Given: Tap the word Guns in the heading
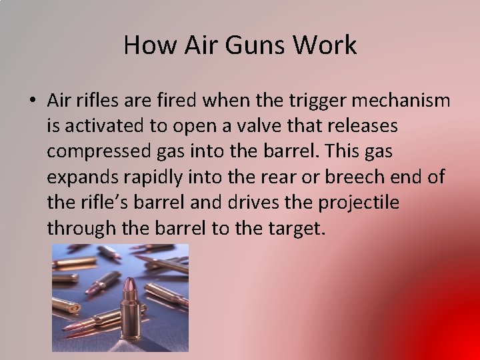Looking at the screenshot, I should tap(259, 45).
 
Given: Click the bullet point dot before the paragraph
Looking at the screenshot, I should tap(32, 101).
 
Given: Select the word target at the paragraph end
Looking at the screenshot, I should tap(295, 228).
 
